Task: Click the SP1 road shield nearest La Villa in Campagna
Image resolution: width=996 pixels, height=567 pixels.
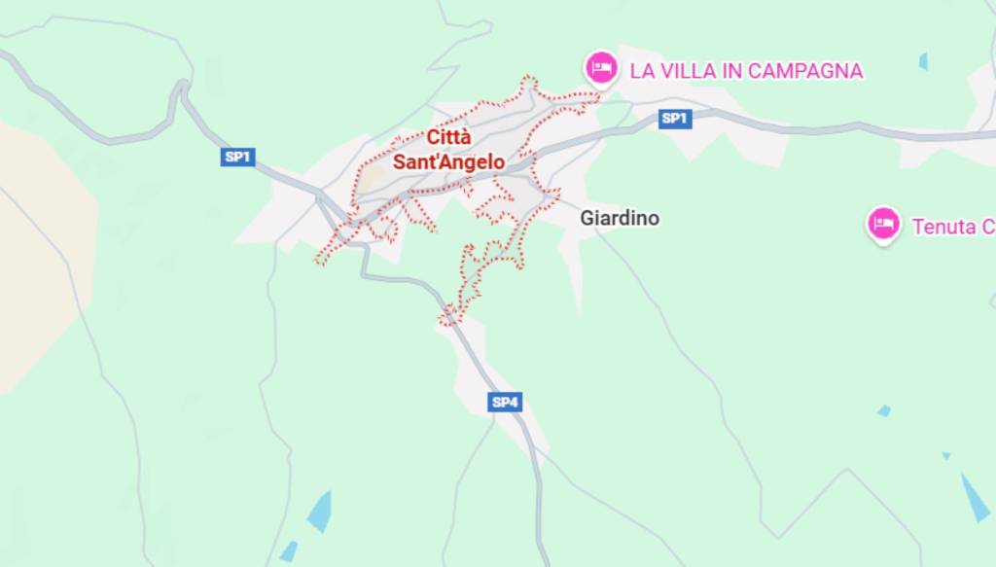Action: pyautogui.click(x=674, y=119)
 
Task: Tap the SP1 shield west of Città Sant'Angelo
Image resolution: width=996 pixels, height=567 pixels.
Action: pyautogui.click(x=237, y=158)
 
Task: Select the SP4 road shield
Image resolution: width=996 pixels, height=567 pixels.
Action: pyautogui.click(x=505, y=402)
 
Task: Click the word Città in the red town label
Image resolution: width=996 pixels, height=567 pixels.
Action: pyautogui.click(x=448, y=139)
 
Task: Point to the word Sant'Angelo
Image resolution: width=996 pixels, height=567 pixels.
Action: pyautogui.click(x=448, y=162)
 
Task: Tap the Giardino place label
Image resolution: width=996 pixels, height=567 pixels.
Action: pyautogui.click(x=620, y=218)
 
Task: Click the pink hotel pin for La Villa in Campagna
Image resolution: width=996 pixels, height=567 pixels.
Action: pyautogui.click(x=601, y=68)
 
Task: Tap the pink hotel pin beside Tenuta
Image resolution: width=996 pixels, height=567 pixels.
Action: pyautogui.click(x=883, y=225)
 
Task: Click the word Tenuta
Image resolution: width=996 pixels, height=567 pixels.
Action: pyautogui.click(x=943, y=227)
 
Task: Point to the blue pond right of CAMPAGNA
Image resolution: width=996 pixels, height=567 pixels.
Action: pyautogui.click(x=923, y=61)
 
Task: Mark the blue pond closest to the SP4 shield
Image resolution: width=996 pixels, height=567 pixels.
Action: pyautogui.click(x=319, y=512)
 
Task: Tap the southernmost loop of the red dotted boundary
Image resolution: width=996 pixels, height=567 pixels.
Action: pyautogui.click(x=448, y=316)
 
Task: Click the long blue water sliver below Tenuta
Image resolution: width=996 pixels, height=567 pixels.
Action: pyautogui.click(x=975, y=499)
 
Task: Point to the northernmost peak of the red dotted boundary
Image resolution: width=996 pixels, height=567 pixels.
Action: pyautogui.click(x=529, y=79)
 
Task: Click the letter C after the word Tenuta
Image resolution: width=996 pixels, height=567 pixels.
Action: pyautogui.click(x=987, y=227)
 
